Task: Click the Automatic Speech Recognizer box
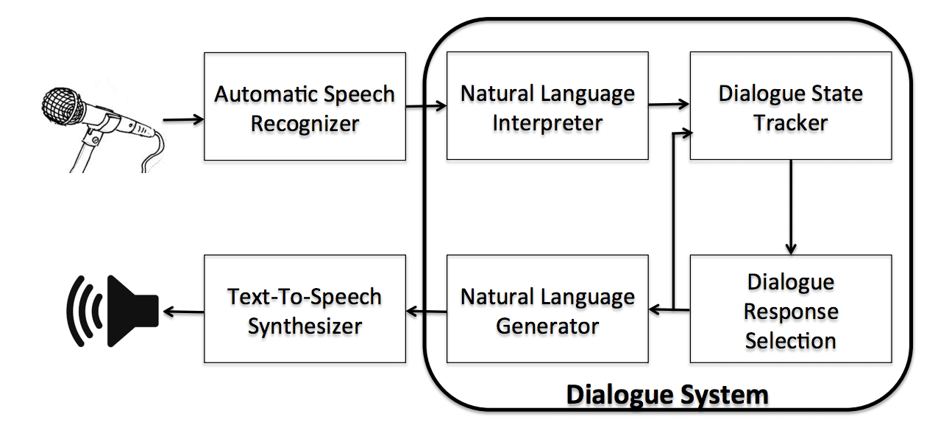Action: (305, 106)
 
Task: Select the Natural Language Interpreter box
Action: (547, 106)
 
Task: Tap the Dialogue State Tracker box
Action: (790, 106)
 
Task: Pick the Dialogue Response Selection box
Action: (790, 309)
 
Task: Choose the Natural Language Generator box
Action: (547, 309)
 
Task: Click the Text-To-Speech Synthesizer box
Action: (305, 309)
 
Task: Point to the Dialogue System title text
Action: (667, 395)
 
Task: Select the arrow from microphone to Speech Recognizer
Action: (182, 119)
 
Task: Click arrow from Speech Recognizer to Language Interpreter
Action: (426, 107)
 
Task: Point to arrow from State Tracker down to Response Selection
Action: (791, 206)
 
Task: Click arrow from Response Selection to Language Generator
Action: (669, 311)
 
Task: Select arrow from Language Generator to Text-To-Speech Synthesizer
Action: (426, 312)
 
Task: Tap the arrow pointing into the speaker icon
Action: (182, 312)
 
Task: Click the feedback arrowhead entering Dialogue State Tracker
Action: (685, 133)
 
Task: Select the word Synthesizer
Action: (305, 326)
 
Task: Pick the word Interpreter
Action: (547, 122)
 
